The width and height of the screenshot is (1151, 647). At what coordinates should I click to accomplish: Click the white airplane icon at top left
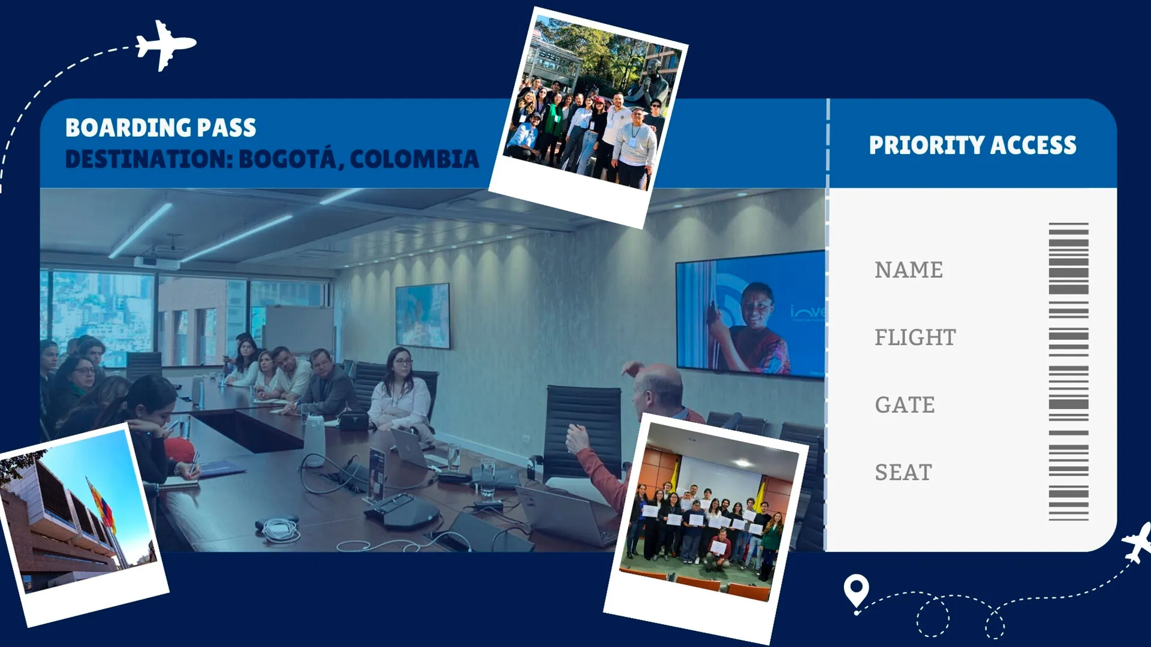click(x=164, y=45)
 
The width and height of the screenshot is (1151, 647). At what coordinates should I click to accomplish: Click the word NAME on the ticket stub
click(x=908, y=270)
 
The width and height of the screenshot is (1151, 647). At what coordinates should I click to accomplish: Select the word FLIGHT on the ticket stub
click(x=915, y=337)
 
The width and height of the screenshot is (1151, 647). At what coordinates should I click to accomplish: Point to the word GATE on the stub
click(x=905, y=405)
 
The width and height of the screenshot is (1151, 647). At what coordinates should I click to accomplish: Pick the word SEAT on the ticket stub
click(x=903, y=473)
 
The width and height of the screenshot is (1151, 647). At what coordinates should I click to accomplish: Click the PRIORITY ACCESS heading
click(x=972, y=146)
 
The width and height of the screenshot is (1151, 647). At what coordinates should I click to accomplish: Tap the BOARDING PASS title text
click(x=161, y=128)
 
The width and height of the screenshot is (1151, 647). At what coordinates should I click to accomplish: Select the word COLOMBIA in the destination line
click(x=414, y=159)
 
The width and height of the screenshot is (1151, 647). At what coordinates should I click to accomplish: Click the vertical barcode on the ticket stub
click(x=1068, y=371)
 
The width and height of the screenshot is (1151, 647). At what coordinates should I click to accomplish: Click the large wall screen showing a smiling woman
click(x=749, y=315)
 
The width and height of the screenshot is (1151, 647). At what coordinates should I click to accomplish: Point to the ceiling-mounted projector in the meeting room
click(x=156, y=262)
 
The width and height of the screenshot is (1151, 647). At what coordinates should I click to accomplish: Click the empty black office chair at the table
click(x=583, y=428)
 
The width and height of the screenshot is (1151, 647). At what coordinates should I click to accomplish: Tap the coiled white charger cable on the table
click(x=279, y=530)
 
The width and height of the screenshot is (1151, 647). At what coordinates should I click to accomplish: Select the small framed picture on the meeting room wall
click(x=422, y=315)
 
